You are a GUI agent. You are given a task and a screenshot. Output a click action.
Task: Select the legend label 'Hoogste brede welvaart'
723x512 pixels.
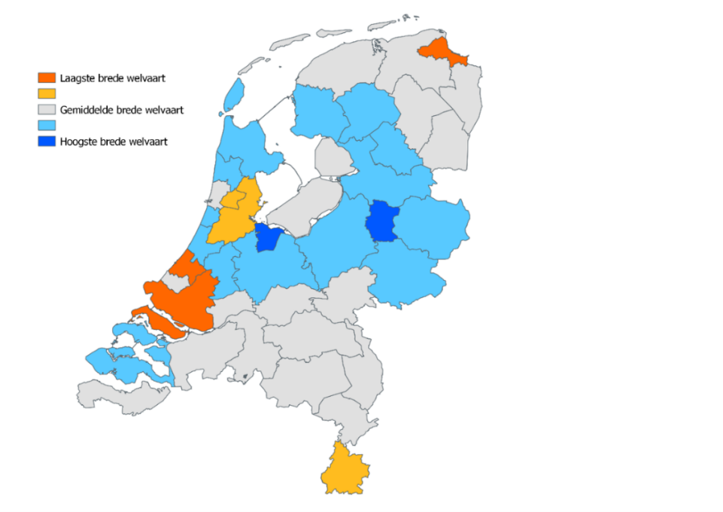pos(114,142)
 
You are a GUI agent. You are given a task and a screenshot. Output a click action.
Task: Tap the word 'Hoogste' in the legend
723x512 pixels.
pos(79,142)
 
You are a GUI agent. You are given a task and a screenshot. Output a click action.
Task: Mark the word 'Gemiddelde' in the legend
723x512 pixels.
pos(88,110)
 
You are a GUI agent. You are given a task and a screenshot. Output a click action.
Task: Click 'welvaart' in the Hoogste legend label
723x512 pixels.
pos(147,142)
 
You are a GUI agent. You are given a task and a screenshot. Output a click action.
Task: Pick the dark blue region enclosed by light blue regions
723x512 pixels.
pos(382,221)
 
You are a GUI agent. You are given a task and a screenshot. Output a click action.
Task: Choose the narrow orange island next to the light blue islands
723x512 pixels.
pos(158,320)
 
